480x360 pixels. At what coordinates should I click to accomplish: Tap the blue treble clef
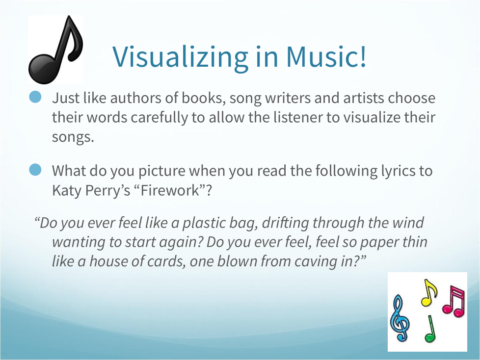coord(400,318)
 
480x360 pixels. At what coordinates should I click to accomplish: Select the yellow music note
coord(428,293)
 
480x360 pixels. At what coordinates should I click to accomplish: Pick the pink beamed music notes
coord(454,301)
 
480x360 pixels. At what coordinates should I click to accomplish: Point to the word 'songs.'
coord(73,137)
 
